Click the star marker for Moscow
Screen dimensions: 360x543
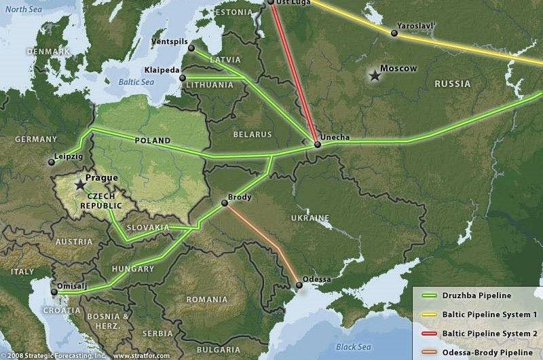coord(374,75)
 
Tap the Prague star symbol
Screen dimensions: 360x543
coord(80,184)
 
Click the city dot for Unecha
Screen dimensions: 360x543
coord(317,145)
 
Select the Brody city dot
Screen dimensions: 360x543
coord(225,203)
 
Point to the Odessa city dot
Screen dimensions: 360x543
coord(299,285)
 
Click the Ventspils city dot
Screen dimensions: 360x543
coord(191,48)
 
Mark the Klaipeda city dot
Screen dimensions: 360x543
coord(182,78)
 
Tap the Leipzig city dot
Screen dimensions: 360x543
coord(52,162)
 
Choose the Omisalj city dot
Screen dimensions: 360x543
coord(54,293)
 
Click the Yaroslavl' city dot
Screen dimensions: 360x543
coord(394,33)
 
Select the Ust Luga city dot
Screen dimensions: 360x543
coord(270,2)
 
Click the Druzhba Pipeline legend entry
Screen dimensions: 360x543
coord(475,295)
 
